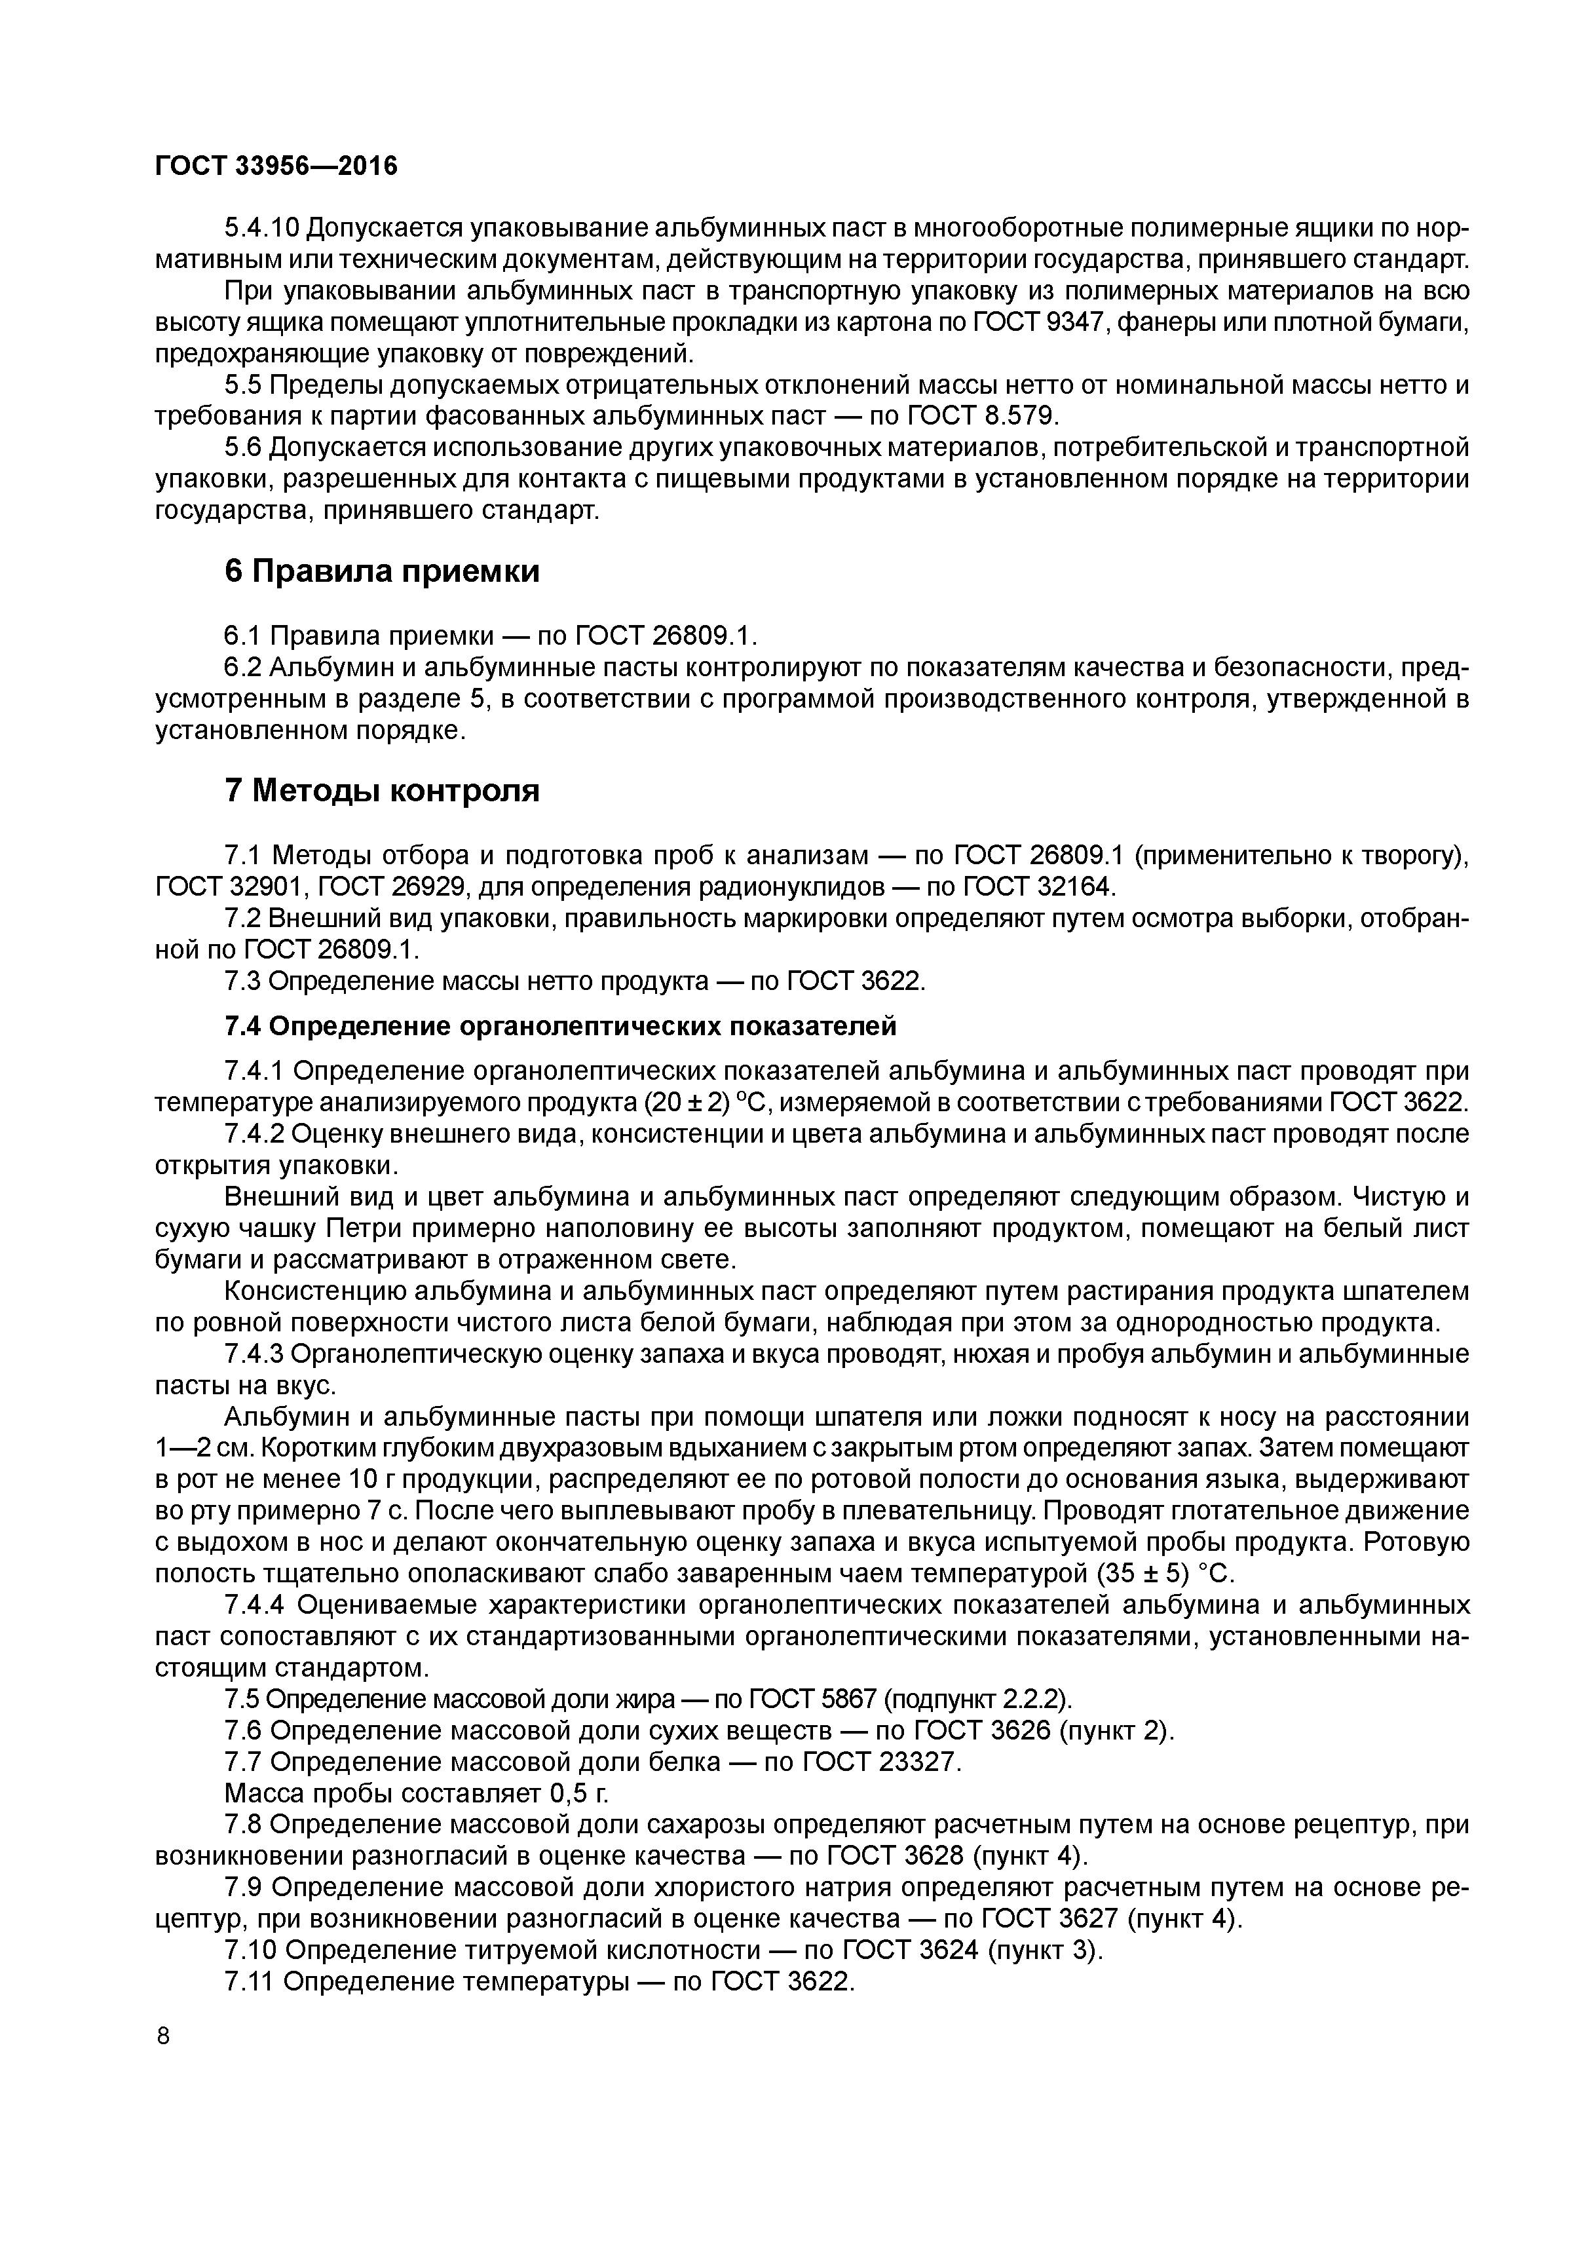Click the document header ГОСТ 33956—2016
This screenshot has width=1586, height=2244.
[x=276, y=167]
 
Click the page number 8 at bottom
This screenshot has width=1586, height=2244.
[x=163, y=2035]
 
